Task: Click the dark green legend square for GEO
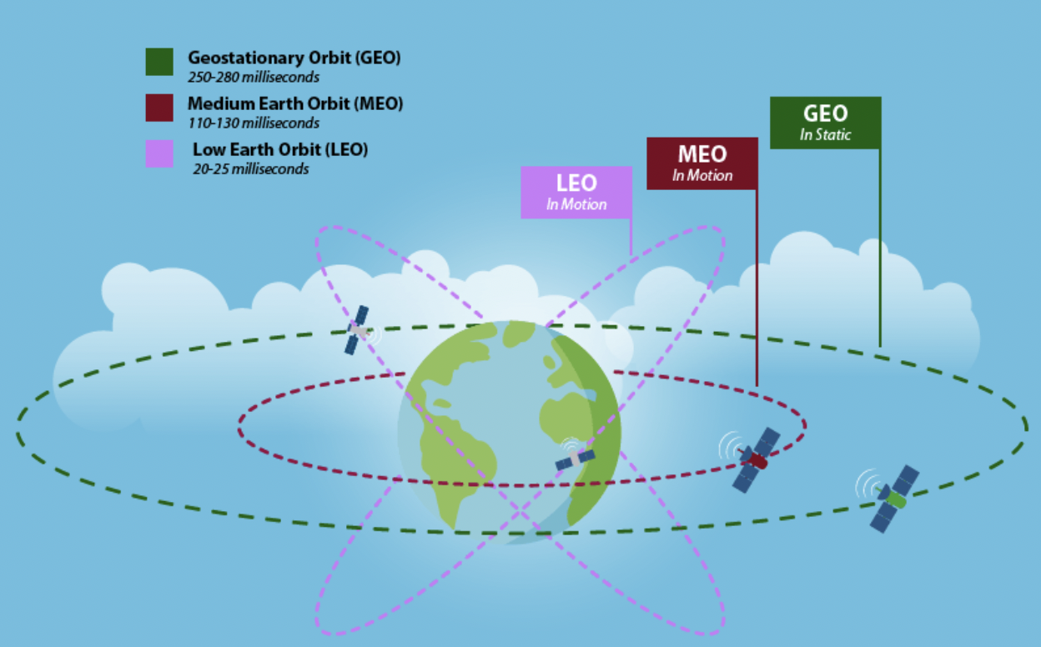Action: tap(159, 62)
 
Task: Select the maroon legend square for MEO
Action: tap(159, 108)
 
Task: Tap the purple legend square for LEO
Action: tap(159, 153)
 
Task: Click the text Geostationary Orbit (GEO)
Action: tap(294, 58)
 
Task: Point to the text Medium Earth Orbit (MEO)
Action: tap(295, 103)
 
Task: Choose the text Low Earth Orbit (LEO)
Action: tap(280, 149)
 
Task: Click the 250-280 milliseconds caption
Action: tap(254, 77)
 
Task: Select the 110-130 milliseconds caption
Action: tap(254, 123)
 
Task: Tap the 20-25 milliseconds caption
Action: tap(251, 169)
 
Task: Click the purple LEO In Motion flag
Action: tap(576, 193)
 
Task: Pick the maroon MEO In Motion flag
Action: tap(702, 163)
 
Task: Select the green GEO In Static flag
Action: tap(825, 123)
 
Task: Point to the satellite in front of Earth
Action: tap(575, 459)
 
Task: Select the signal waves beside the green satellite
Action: tap(867, 484)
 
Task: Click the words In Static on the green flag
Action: tap(825, 135)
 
